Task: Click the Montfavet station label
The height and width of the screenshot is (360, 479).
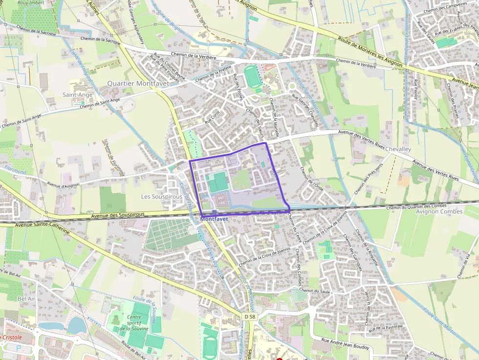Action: click(x=214, y=219)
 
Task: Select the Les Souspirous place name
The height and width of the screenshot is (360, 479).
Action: click(x=161, y=196)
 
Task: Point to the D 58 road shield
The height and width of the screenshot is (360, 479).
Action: click(x=249, y=317)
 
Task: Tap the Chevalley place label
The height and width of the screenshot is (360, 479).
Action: click(x=398, y=148)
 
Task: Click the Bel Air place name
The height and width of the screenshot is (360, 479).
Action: click(x=26, y=298)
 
